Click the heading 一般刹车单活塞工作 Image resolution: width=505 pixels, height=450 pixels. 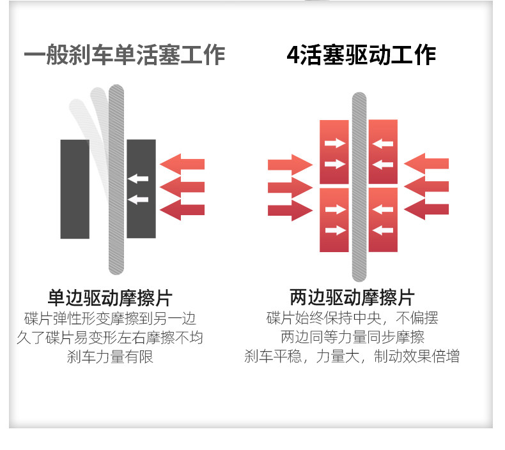pyautogui.click(x=125, y=55)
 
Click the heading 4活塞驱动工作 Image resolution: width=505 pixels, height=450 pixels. pyautogui.click(x=361, y=55)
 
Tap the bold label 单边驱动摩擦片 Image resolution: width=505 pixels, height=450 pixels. pyautogui.click(x=110, y=297)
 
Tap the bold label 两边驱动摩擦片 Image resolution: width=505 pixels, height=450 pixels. pyautogui.click(x=352, y=297)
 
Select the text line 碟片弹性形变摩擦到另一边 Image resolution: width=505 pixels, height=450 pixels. pyautogui.click(x=110, y=319)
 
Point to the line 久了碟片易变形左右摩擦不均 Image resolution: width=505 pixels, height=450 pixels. pyautogui.click(x=110, y=338)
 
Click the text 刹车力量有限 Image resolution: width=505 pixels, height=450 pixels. pyautogui.click(x=110, y=357)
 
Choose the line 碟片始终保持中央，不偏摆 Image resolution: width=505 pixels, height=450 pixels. pyautogui.click(x=352, y=319)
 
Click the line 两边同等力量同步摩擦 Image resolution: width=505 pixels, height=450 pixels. pyautogui.click(x=352, y=338)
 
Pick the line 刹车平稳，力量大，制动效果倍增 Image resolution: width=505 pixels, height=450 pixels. pyautogui.click(x=352, y=357)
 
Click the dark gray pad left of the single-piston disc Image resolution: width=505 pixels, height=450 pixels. pyautogui.click(x=75, y=189)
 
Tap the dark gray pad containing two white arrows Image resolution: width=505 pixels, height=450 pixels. pyautogui.click(x=141, y=188)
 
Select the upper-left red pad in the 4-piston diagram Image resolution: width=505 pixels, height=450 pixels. pyautogui.click(x=334, y=152)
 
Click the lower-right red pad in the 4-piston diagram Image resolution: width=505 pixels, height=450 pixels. pyautogui.click(x=383, y=220)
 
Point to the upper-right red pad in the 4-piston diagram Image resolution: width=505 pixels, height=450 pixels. pyautogui.click(x=383, y=152)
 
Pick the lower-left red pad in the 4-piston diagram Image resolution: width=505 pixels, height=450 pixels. pyautogui.click(x=334, y=220)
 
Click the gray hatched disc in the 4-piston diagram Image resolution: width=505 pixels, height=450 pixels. pyautogui.click(x=359, y=185)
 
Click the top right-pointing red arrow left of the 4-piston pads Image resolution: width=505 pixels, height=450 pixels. pyautogui.click(x=290, y=165)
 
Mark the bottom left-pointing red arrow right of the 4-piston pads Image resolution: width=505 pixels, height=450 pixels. pyautogui.click(x=427, y=208)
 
